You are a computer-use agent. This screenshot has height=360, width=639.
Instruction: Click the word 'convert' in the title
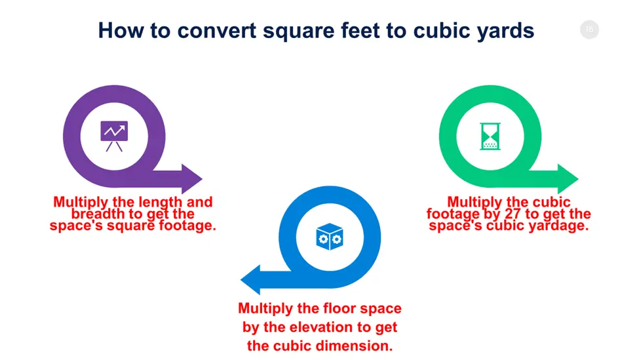(217, 31)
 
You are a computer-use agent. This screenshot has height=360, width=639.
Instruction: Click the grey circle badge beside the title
(589, 30)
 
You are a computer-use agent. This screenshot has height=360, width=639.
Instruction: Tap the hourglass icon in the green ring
(490, 136)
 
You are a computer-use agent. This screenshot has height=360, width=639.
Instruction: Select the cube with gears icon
(329, 237)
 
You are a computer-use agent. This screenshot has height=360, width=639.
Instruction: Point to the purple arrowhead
(191, 179)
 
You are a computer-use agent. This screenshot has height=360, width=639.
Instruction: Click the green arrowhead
(568, 179)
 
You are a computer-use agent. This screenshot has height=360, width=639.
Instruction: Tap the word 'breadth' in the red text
(98, 214)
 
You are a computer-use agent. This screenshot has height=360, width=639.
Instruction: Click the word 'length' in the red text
(159, 203)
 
